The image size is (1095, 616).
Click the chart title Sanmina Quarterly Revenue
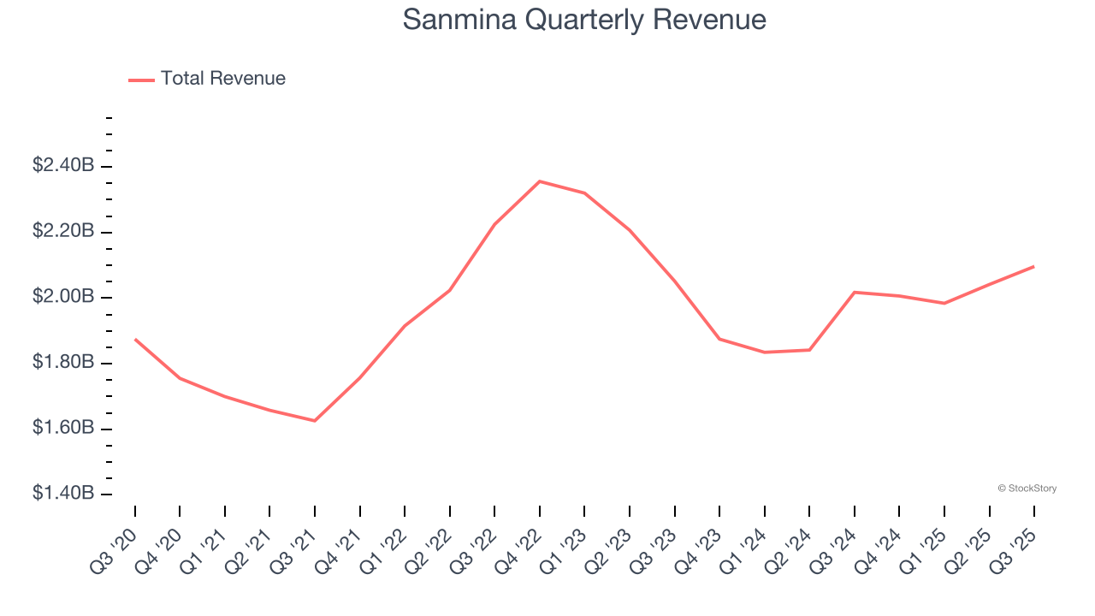pos(584,20)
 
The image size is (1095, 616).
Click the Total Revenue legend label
pos(222,79)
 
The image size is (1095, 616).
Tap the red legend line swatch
pos(141,80)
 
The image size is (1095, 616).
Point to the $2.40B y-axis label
pos(63,165)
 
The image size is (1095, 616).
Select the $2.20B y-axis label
pos(63,231)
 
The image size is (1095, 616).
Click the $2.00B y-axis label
pos(63,297)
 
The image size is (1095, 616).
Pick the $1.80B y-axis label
pos(63,363)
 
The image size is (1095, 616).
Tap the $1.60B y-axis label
pos(63,428)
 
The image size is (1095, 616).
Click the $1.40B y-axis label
pos(63,494)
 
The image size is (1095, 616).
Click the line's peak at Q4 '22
pos(540,181)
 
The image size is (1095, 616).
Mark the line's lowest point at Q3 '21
pos(315,420)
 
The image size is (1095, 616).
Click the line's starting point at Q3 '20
pos(135,340)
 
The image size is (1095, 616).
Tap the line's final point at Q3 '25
pos(1033,266)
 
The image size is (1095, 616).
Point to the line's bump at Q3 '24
pos(855,293)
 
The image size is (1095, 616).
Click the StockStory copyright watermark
pos(1027,489)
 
